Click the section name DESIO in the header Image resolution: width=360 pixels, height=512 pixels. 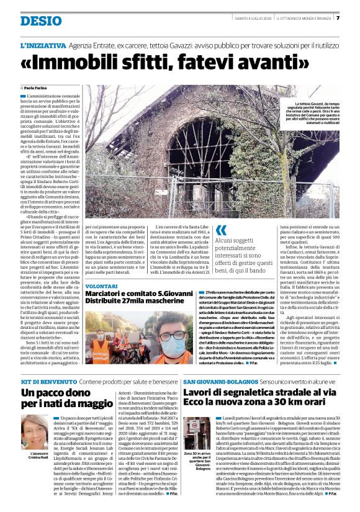click(40, 21)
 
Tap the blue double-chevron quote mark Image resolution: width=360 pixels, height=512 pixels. click(221, 231)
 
